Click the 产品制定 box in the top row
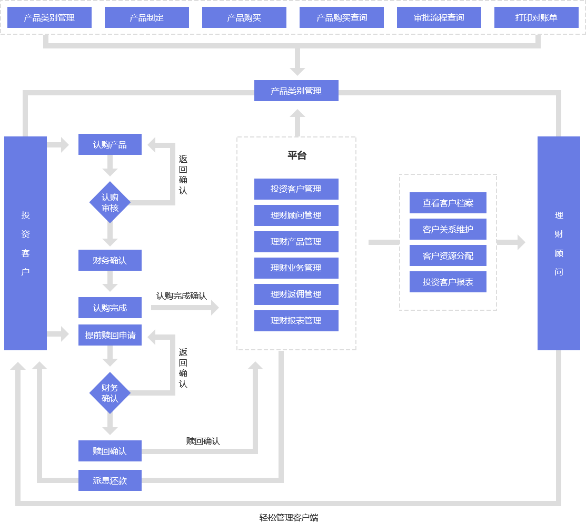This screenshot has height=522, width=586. (146, 17)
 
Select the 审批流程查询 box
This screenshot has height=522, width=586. (439, 17)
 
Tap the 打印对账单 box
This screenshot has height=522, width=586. (536, 17)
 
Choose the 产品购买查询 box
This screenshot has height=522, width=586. (341, 17)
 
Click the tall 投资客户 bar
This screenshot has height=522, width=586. (25, 243)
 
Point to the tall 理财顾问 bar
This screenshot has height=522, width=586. (559, 243)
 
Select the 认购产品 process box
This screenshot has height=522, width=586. (110, 144)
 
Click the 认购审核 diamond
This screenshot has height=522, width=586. (110, 202)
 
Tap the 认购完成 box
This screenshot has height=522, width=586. (110, 308)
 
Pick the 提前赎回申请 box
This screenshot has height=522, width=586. (110, 335)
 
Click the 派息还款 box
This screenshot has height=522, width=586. (110, 480)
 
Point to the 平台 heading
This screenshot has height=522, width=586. (296, 155)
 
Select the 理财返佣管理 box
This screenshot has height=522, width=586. (296, 294)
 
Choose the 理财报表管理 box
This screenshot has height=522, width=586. (296, 321)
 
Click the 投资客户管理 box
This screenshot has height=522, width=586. (296, 189)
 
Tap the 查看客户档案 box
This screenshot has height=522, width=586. (448, 203)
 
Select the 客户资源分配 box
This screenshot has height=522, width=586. (448, 255)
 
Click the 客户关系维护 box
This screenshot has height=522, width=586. (448, 229)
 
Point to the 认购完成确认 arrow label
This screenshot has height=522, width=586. (181, 296)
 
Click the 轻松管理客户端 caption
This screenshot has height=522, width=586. (289, 517)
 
